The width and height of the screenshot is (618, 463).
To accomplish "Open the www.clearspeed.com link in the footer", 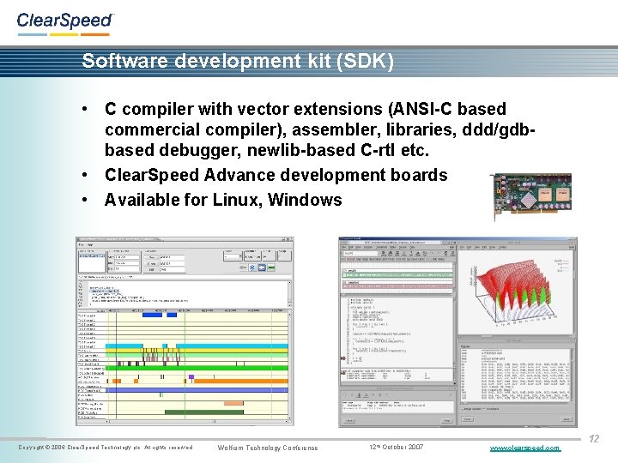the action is coord(524,448).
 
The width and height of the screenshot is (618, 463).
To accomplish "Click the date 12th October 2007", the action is coord(396,448).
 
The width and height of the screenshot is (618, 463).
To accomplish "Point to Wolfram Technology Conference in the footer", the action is coord(268,448).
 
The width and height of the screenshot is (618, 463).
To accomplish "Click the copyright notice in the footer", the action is coord(105,448).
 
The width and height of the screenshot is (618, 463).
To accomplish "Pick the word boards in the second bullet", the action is coord(420,175).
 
